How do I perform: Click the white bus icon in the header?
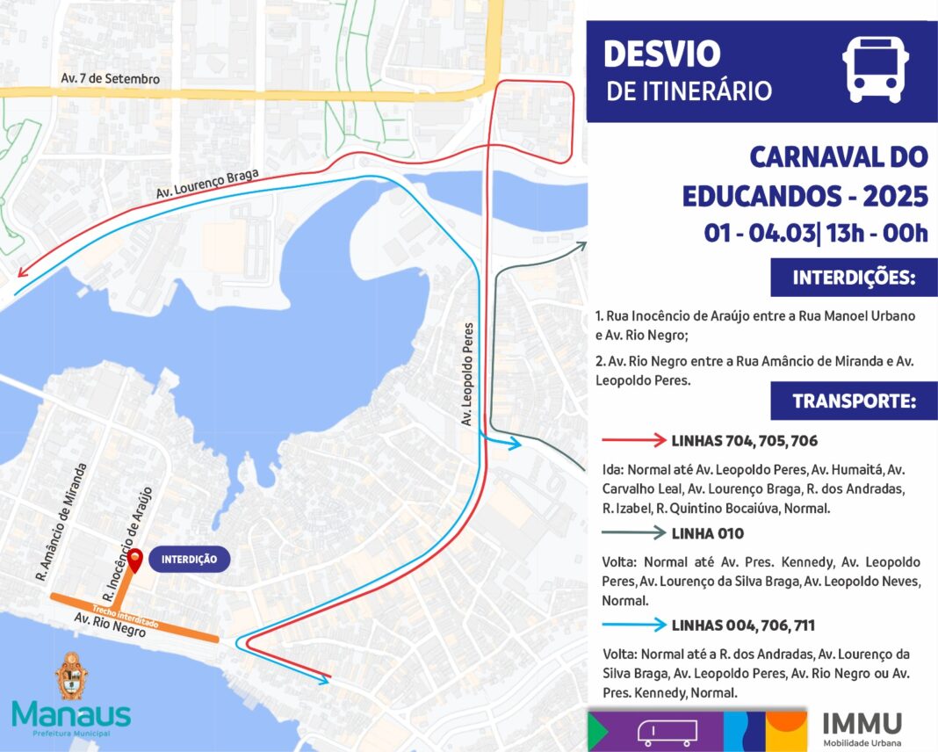pos(876,70)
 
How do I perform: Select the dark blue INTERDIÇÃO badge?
pos(189,560)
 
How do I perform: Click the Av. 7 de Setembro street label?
pos(111,79)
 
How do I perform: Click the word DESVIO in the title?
pos(662,54)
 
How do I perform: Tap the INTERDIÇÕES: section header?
pos(854,278)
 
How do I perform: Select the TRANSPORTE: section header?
pos(854,401)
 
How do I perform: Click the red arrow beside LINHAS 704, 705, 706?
pos(634,440)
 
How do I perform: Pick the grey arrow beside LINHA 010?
pos(634,532)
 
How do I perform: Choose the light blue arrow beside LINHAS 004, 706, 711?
pos(634,625)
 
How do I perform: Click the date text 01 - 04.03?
pos(761,233)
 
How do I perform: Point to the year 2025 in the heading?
pos(895,195)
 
